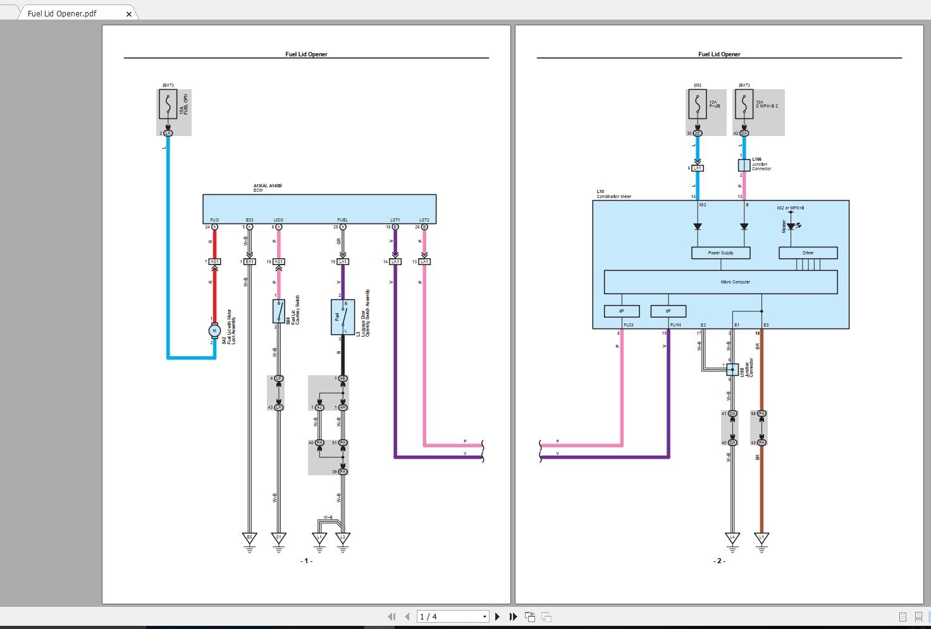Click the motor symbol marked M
(x=214, y=330)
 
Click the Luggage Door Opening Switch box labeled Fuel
(x=342, y=317)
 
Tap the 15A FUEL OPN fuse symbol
(x=168, y=105)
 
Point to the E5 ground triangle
(x=249, y=539)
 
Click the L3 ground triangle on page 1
(x=342, y=539)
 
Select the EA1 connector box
(x=249, y=261)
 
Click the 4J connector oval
(x=319, y=407)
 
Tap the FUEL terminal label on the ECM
(x=342, y=220)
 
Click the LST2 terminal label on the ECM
(x=424, y=220)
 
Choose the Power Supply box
(x=720, y=253)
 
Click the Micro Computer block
(x=720, y=282)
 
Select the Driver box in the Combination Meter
(x=808, y=253)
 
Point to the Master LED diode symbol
(x=791, y=226)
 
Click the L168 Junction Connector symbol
(x=744, y=165)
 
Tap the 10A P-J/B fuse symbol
(x=697, y=105)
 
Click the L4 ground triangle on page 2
(x=732, y=539)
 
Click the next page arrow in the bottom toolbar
(x=497, y=616)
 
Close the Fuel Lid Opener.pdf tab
(x=129, y=14)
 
